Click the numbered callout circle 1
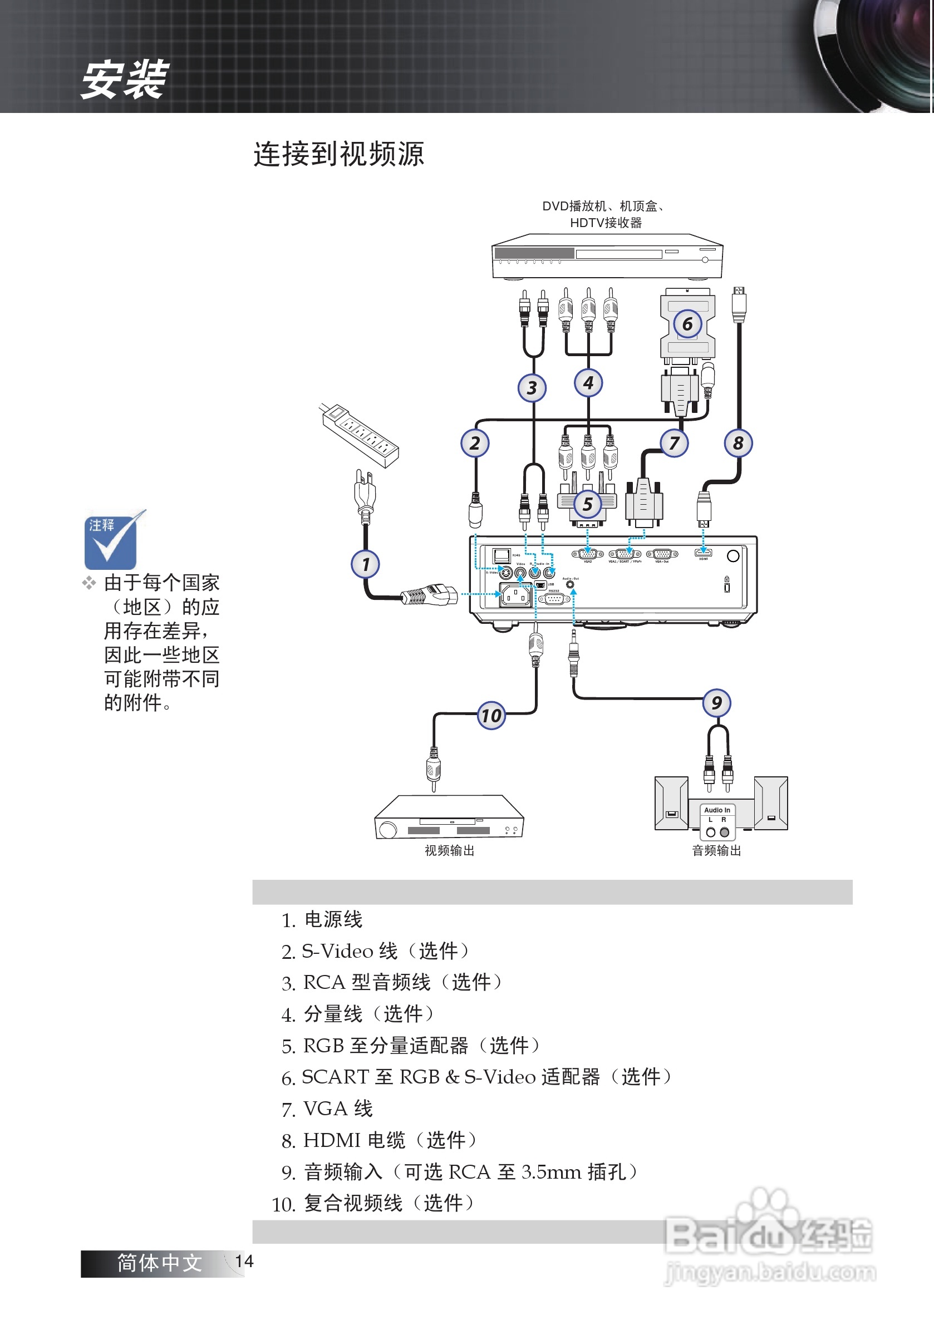(x=365, y=564)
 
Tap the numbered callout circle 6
(x=687, y=324)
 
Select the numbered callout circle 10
(x=491, y=716)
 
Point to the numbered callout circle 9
(x=716, y=702)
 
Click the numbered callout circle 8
(x=738, y=442)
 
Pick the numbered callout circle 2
(x=474, y=442)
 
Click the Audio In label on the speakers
(x=717, y=810)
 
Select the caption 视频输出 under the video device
(x=449, y=850)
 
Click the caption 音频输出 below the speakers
(x=716, y=850)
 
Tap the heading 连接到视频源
(x=339, y=154)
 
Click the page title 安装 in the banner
(x=124, y=79)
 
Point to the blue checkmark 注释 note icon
(x=111, y=540)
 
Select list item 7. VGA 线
(x=327, y=1108)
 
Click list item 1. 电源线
(x=322, y=919)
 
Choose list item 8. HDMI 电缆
(x=379, y=1140)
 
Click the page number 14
(x=244, y=1261)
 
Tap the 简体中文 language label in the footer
(x=159, y=1263)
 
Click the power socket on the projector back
(x=515, y=595)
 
